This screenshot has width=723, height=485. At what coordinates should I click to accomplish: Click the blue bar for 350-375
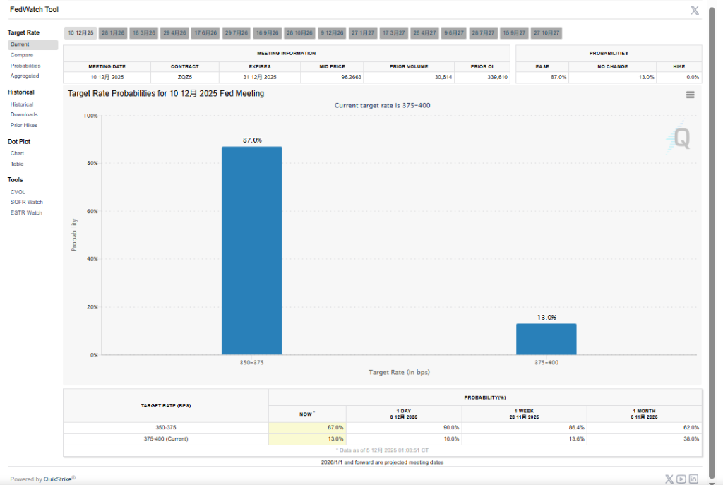tap(251, 250)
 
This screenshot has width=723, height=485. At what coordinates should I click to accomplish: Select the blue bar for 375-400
tap(546, 339)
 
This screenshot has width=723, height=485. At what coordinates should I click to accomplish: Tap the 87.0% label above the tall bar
tap(252, 140)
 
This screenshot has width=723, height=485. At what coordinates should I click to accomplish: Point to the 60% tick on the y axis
tap(92, 211)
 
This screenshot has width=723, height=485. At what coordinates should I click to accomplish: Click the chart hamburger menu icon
tap(690, 95)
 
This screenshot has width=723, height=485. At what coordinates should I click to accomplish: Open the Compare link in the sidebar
tap(22, 55)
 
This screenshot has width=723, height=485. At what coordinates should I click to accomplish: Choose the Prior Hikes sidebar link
tap(24, 125)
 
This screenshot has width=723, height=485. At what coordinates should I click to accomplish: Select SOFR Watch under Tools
tap(27, 202)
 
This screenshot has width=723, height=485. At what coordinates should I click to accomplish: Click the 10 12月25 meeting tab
tap(80, 33)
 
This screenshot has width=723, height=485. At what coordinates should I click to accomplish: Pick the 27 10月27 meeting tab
tap(546, 33)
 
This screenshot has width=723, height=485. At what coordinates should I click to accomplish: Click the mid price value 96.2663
tap(352, 77)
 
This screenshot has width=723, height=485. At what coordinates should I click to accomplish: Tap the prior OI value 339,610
tap(493, 77)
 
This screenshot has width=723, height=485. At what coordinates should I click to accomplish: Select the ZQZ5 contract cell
tap(184, 77)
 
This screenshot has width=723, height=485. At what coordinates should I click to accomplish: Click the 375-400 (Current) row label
tap(166, 438)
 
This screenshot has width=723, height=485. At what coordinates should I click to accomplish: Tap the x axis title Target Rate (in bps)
tap(399, 372)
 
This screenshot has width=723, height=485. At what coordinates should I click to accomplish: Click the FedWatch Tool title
tap(34, 9)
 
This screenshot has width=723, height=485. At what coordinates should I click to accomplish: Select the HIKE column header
tap(679, 66)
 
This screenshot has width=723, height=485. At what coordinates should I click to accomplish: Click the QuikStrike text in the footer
tap(59, 479)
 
